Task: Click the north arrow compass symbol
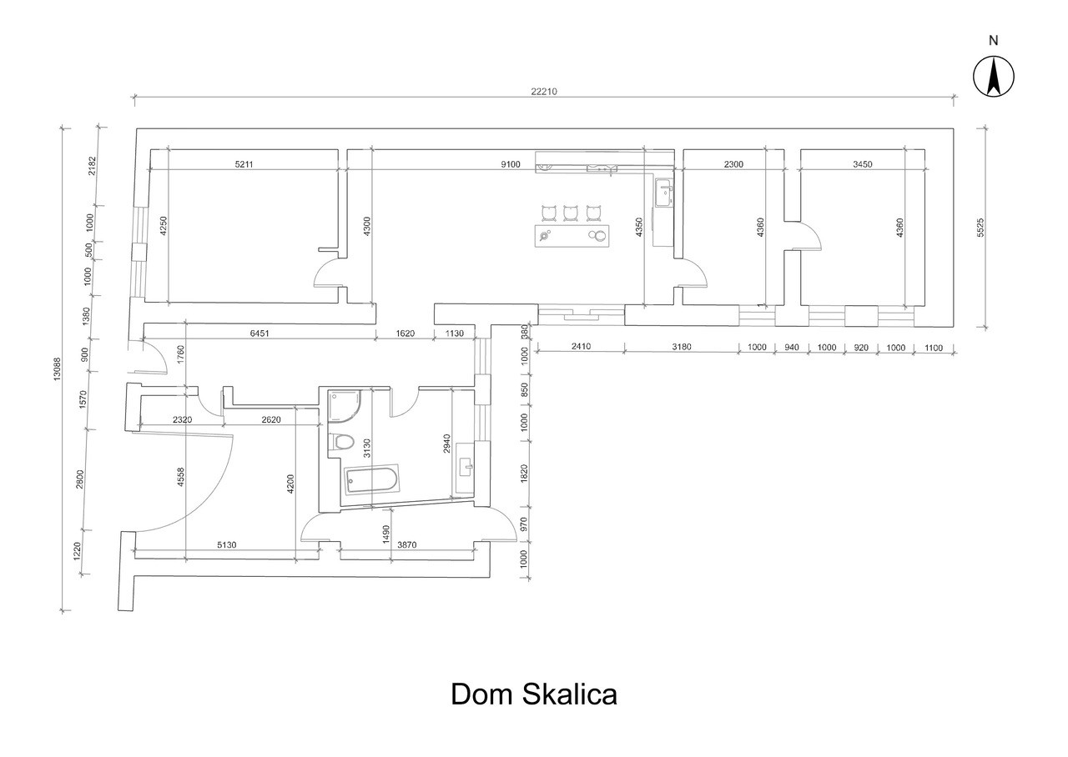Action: (994, 76)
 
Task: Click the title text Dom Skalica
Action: (534, 694)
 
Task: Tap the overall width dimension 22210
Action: (544, 92)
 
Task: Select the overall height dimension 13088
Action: (57, 368)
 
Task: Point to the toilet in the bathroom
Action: (341, 442)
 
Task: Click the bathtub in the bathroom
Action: (371, 479)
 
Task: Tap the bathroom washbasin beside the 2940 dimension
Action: (465, 469)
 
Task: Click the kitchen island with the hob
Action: (572, 236)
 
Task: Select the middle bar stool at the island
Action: (570, 213)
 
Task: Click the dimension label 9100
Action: (510, 164)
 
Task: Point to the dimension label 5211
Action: (244, 164)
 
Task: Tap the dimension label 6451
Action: (259, 333)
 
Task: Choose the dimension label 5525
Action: (980, 228)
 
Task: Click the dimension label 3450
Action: (863, 164)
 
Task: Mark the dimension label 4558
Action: (180, 477)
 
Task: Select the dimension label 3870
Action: (407, 544)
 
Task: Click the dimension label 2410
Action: (582, 346)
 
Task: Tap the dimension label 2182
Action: (92, 166)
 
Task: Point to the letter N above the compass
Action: (994, 41)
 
